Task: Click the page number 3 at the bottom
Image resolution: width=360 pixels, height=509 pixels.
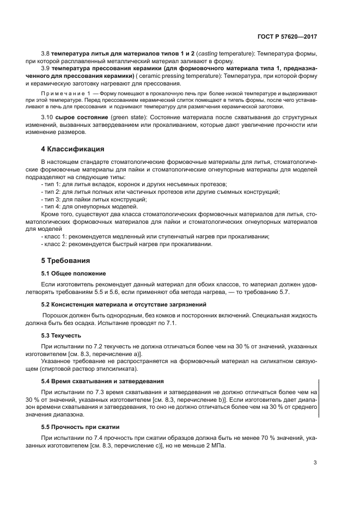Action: pos(315,463)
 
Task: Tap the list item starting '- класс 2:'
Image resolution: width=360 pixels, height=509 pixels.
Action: pos(126,244)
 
